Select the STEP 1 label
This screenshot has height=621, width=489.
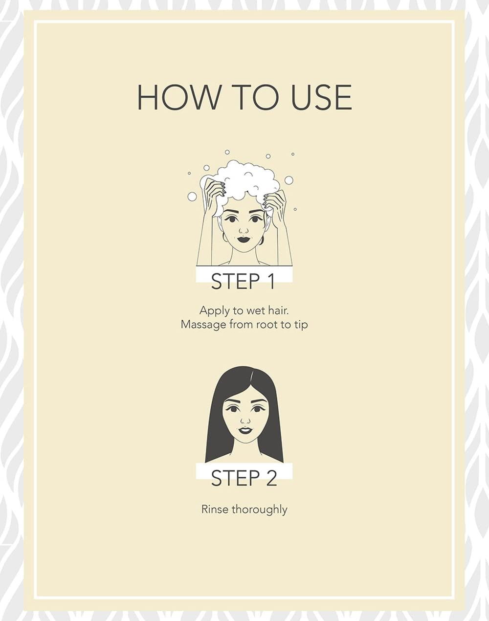coord(244,281)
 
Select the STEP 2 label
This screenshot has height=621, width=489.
coord(244,478)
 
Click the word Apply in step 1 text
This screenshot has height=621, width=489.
coord(215,311)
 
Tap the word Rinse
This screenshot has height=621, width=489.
coord(215,510)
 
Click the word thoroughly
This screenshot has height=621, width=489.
coord(260,510)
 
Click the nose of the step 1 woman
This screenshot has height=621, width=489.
coord(244,230)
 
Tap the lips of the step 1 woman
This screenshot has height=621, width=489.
coord(244,239)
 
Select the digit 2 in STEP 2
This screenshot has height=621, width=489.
coord(271,478)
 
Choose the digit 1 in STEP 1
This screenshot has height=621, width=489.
coord(271,281)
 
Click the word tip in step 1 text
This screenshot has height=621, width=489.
coord(301,325)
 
